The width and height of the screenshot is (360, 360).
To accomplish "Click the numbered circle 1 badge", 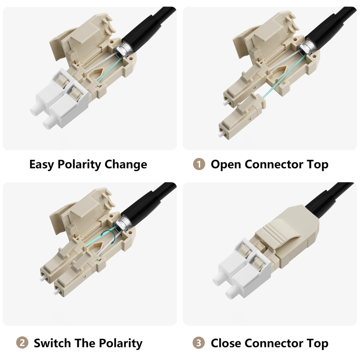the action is coord(199,164).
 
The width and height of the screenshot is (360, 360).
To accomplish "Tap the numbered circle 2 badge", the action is coord(22,343).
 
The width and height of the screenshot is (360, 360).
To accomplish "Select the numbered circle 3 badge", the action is coord(199,343).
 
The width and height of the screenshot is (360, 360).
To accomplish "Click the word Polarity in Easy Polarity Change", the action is coord(79,165).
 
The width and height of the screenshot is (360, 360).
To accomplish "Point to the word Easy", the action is coord(41,165).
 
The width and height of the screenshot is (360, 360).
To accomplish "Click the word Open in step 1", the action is coord(226,165).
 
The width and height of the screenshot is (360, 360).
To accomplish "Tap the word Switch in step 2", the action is coord(52,343).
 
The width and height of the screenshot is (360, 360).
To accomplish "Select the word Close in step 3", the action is coord(226,343).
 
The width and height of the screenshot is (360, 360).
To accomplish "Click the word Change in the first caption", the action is coord(126,165).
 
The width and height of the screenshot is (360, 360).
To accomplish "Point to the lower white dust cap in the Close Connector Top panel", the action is coord(232,292).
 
